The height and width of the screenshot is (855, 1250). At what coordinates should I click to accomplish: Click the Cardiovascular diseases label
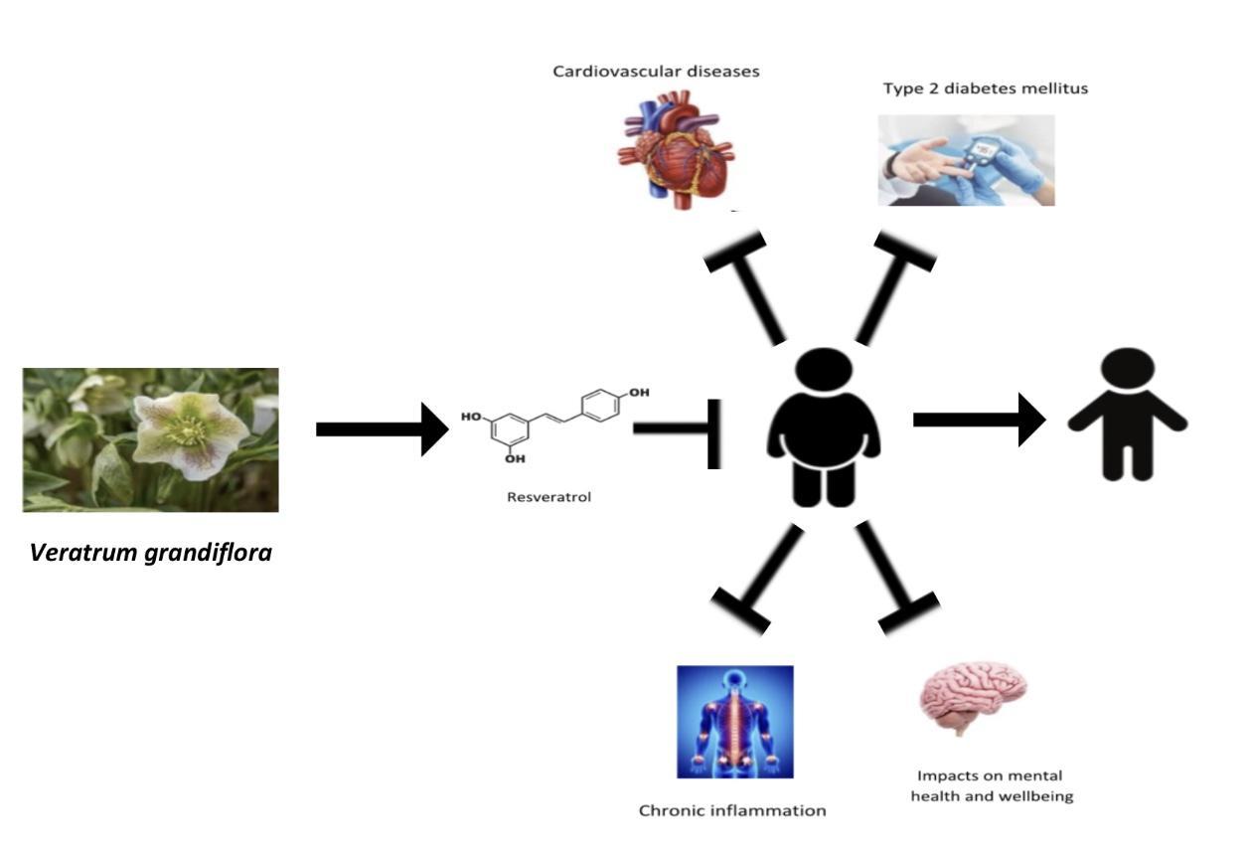click(656, 72)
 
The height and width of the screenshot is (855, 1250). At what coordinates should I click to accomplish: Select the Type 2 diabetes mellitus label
click(986, 88)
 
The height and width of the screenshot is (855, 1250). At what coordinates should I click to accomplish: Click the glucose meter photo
click(966, 160)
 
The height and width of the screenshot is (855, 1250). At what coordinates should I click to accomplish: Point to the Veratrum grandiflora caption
click(151, 551)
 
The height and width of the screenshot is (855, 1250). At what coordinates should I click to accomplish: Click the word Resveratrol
click(548, 497)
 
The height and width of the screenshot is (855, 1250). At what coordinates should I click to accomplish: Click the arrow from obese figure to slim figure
click(979, 420)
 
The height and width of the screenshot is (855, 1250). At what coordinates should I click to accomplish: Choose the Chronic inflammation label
click(732, 810)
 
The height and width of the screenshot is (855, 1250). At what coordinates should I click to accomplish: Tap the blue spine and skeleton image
click(735, 722)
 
